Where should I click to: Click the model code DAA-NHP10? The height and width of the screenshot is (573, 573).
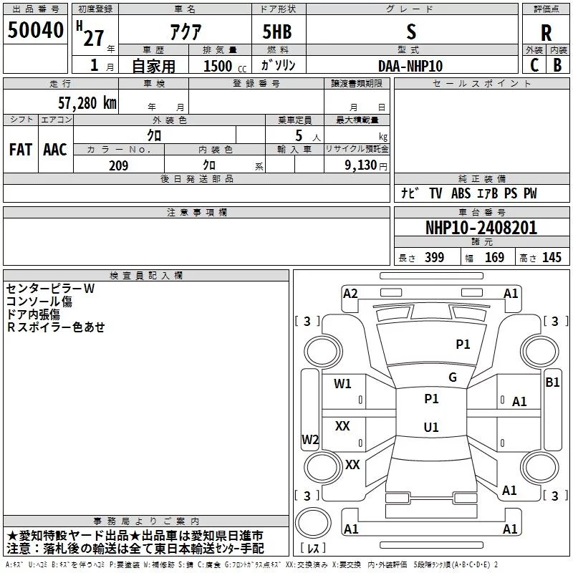(410, 65)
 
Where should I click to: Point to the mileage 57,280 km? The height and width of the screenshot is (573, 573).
(87, 102)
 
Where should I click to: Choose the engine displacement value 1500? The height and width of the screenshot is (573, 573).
(218, 66)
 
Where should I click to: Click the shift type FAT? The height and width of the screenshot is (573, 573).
(21, 150)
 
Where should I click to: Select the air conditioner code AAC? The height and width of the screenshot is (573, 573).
(55, 150)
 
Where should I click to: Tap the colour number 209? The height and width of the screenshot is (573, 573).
(118, 165)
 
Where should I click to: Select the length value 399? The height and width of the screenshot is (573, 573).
(434, 258)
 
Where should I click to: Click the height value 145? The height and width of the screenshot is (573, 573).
(552, 258)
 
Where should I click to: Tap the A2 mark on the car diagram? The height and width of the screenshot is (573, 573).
(350, 293)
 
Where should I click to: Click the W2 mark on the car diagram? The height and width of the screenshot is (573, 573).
(310, 440)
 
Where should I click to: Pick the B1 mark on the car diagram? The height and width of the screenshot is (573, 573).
(552, 382)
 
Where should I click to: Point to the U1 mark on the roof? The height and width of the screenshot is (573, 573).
(430, 427)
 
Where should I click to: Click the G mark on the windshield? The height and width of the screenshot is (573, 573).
(453, 377)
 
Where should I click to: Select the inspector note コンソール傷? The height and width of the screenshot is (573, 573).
(39, 302)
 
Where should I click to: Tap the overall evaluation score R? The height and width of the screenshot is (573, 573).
(546, 33)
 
